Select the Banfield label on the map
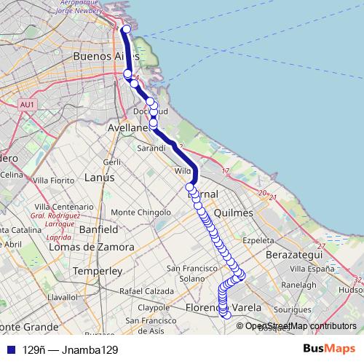(x=98, y=229)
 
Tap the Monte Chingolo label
(x=140, y=213)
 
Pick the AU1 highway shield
(x=28, y=105)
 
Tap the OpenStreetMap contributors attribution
(x=301, y=326)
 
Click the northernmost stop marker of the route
(x=125, y=29)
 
